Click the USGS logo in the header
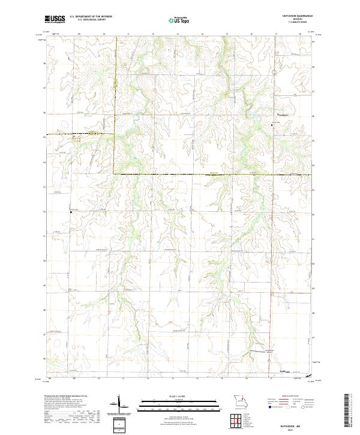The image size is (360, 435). pos(53,19)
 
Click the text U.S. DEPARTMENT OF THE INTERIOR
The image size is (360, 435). pos(91,17)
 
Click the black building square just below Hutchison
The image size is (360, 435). pos(273,124)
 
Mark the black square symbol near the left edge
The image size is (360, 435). pos(71,211)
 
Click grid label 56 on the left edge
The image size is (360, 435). pos(44,112)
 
